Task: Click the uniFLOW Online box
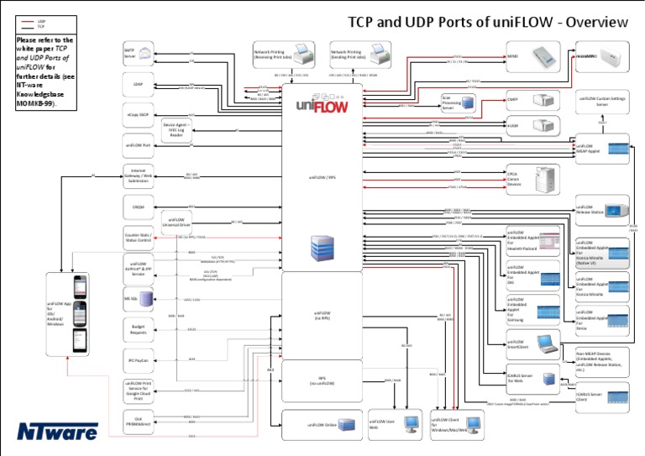click(322, 424)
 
